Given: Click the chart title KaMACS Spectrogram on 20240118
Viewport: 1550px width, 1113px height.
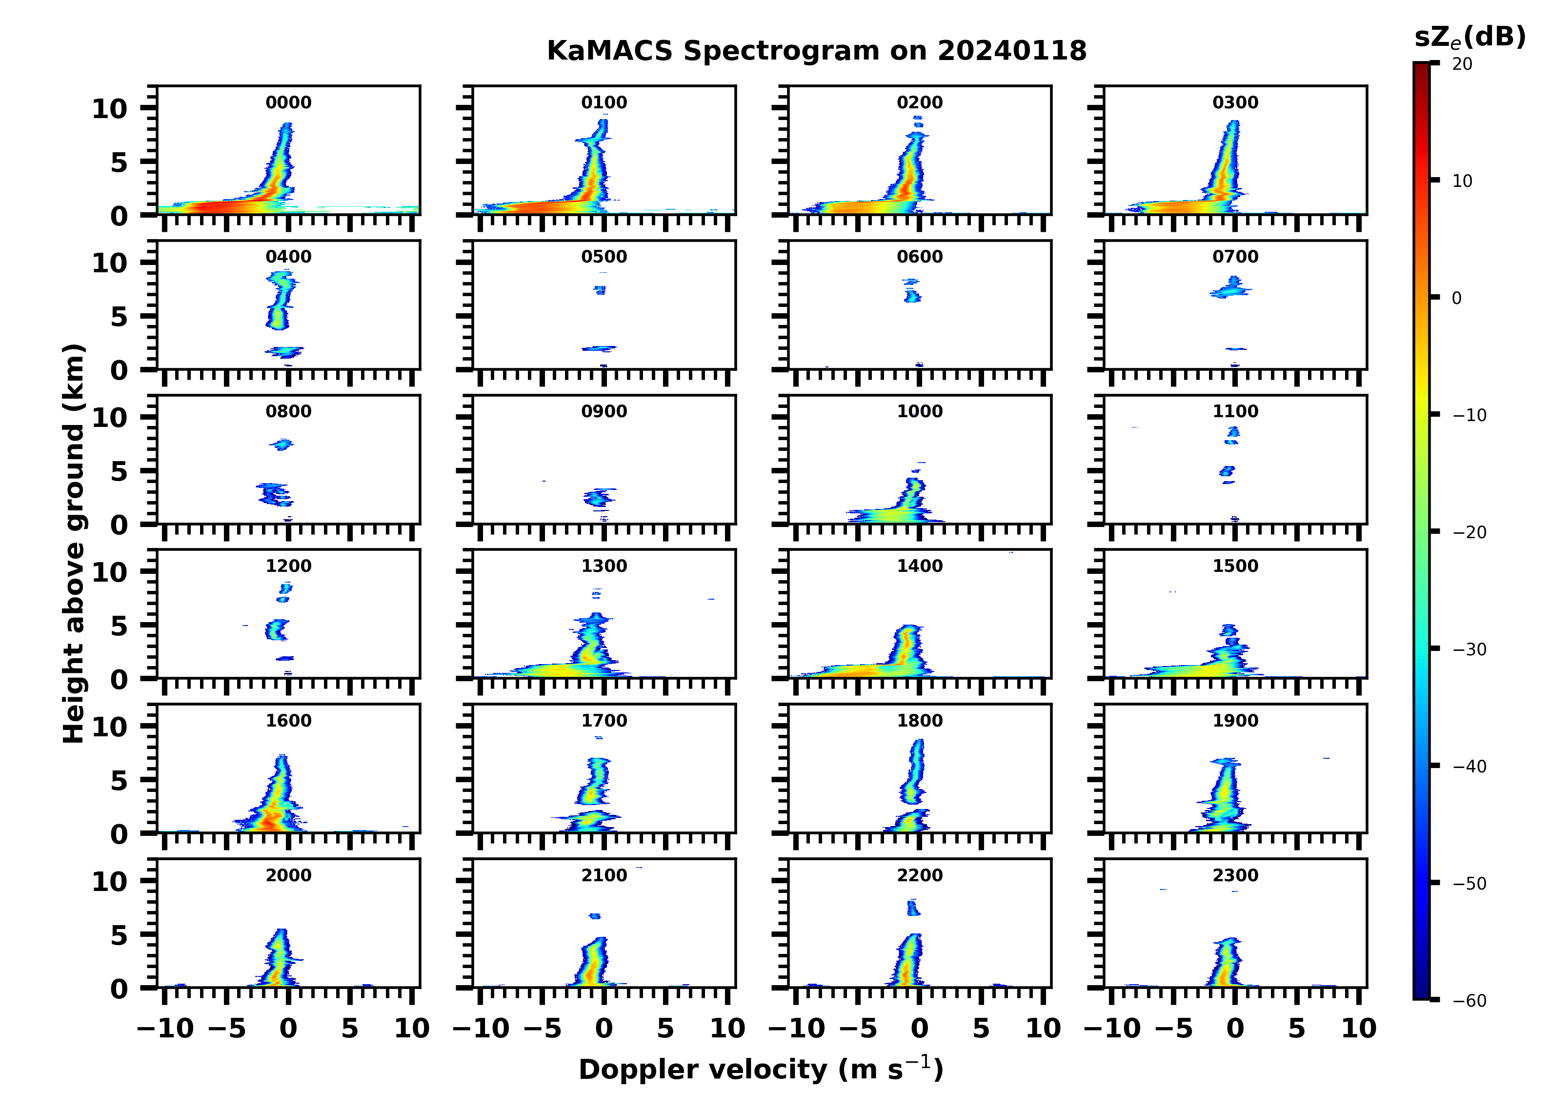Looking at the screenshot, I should (x=816, y=51).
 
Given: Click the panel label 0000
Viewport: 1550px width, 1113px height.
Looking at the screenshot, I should (x=288, y=102).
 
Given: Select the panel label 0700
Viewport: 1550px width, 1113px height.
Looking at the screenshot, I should (x=1235, y=257).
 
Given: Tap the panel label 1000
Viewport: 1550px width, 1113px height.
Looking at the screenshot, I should (x=919, y=411).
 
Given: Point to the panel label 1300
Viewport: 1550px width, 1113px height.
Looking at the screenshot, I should (x=604, y=566).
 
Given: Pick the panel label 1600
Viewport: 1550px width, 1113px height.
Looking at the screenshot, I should (x=288, y=721).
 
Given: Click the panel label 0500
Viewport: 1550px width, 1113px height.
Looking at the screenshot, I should (x=604, y=257).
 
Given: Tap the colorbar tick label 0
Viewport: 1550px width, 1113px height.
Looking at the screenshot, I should (x=1456, y=298).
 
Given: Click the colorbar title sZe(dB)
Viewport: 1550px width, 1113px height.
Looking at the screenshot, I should (x=1469, y=37).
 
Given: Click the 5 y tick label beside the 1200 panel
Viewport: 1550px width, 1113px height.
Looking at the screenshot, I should (x=119, y=626).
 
